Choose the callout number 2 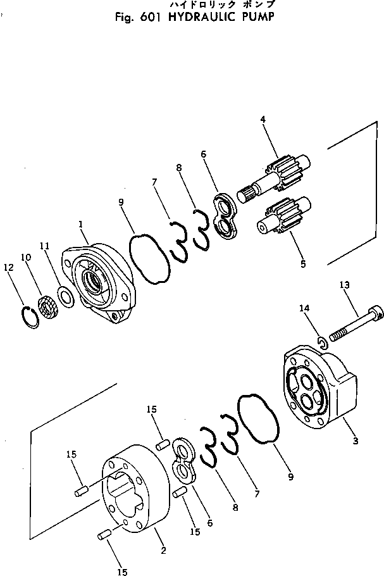click(164, 549)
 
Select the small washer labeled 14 click(321, 342)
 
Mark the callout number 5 click(302, 263)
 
